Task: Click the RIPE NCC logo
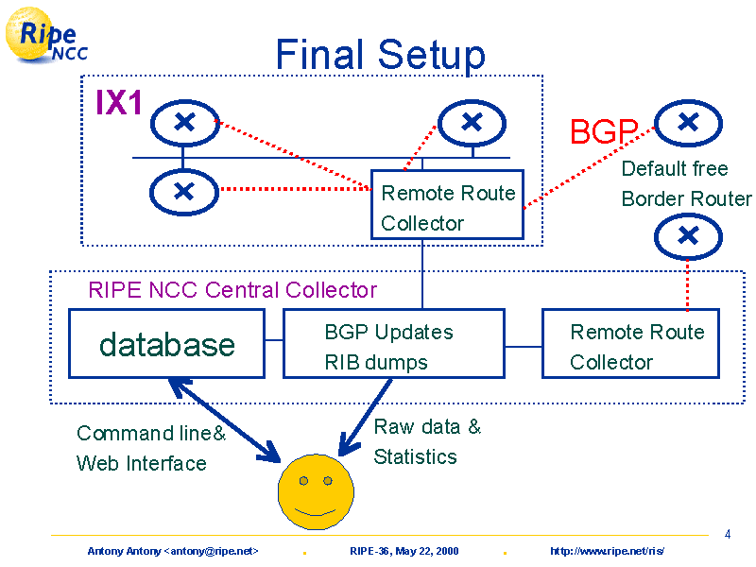click(45, 35)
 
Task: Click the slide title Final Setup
click(381, 55)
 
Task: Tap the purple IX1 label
click(119, 102)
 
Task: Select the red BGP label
click(604, 131)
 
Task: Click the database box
click(167, 343)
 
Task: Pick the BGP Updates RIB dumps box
click(394, 343)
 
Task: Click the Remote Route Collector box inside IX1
click(447, 204)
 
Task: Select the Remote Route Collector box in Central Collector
click(630, 343)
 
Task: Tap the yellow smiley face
click(316, 491)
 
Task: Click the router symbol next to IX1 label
click(184, 123)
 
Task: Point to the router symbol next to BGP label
click(688, 123)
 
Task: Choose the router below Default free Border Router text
click(688, 236)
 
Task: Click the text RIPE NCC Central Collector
click(232, 290)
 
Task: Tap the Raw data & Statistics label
click(427, 441)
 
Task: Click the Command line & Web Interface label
click(151, 448)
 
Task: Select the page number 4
click(728, 534)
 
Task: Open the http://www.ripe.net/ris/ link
click(607, 551)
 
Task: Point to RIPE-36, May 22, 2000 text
click(404, 551)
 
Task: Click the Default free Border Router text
click(686, 183)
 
